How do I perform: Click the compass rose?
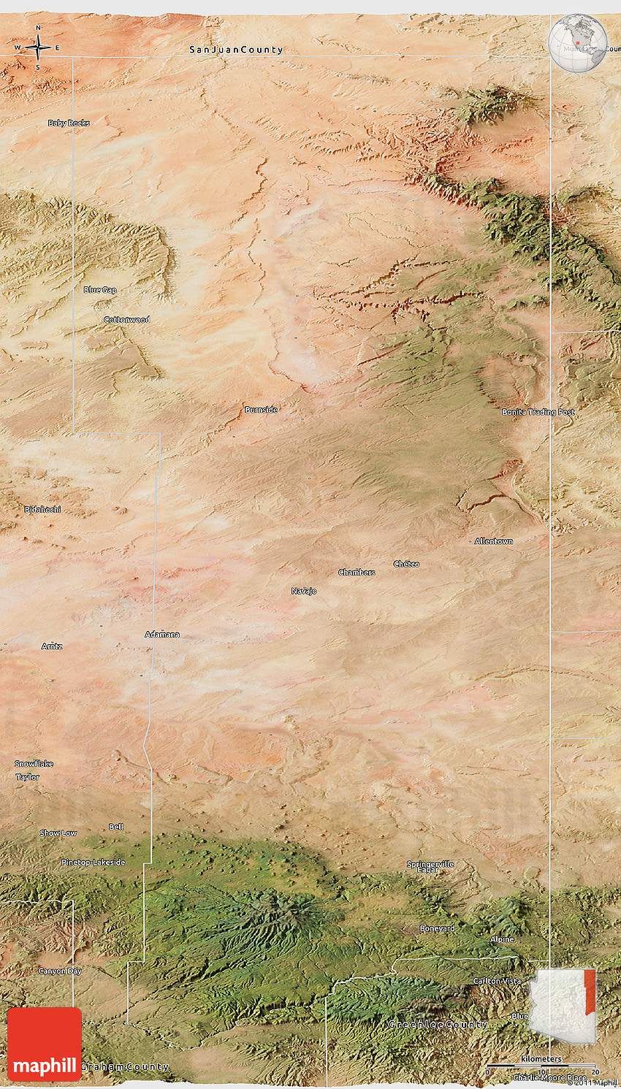[x=38, y=48]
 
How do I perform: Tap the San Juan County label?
[x=236, y=50]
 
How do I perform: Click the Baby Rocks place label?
[x=69, y=123]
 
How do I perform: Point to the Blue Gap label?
[x=100, y=290]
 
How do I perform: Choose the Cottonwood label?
[x=127, y=320]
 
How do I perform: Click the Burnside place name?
[x=261, y=410]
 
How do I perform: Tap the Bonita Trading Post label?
[x=538, y=412]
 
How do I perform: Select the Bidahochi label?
[x=42, y=509]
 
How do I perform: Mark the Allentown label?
[x=494, y=541]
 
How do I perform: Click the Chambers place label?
[x=357, y=573]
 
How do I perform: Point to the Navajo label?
[x=304, y=591]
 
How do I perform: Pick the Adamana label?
[x=162, y=635]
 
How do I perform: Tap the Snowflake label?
[x=34, y=764]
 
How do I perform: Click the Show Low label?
[x=58, y=833]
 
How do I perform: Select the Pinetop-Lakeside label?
[x=94, y=863]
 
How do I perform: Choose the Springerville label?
[x=430, y=864]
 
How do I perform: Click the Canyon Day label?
[x=60, y=971]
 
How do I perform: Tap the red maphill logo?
[x=45, y=1044]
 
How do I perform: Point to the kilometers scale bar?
[x=541, y=1066]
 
